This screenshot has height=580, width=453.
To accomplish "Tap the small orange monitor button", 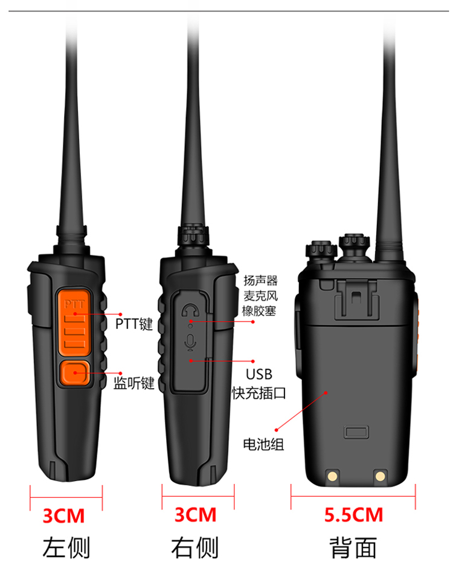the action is tap(75, 373).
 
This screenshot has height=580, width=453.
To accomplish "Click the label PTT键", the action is tap(134, 324).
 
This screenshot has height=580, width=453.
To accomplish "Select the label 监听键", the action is tap(133, 383).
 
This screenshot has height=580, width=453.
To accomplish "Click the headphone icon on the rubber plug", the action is tap(190, 310).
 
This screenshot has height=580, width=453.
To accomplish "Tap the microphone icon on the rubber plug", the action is tap(190, 342).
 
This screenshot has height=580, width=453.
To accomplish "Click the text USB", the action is tap(259, 374).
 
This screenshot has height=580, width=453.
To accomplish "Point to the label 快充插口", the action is tap(259, 393).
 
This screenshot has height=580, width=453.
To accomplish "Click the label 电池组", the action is tap(263, 444).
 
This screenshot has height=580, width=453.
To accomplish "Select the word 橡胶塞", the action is tap(260, 311).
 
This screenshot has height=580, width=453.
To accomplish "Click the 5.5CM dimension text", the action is tap(353, 515).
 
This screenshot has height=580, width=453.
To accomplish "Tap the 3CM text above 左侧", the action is tap(63, 516).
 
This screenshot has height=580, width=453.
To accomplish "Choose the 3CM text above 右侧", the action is tap(196, 515).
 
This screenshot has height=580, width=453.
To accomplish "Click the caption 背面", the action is tap(353, 548).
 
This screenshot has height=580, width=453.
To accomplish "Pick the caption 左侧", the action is tap(66, 548).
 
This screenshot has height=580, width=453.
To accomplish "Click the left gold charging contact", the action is tap(332, 476).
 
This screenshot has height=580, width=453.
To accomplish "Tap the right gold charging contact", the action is tap(380, 476).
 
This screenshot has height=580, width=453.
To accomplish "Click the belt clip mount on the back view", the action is tap(356, 299).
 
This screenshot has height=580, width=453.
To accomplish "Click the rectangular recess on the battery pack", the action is tap(356, 432).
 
